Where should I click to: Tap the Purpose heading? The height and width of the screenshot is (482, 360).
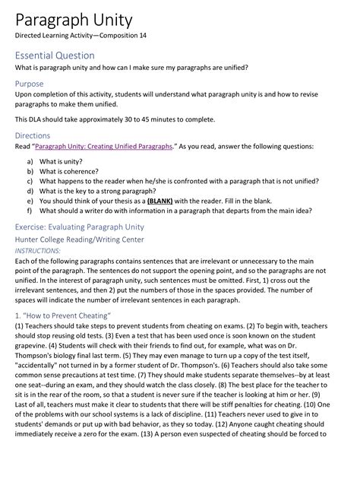30,84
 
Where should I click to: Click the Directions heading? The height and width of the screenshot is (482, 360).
33,135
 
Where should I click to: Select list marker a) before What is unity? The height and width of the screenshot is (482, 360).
30,162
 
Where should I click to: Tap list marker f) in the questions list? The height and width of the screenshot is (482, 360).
30,211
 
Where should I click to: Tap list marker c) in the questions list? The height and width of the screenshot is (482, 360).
30,182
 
